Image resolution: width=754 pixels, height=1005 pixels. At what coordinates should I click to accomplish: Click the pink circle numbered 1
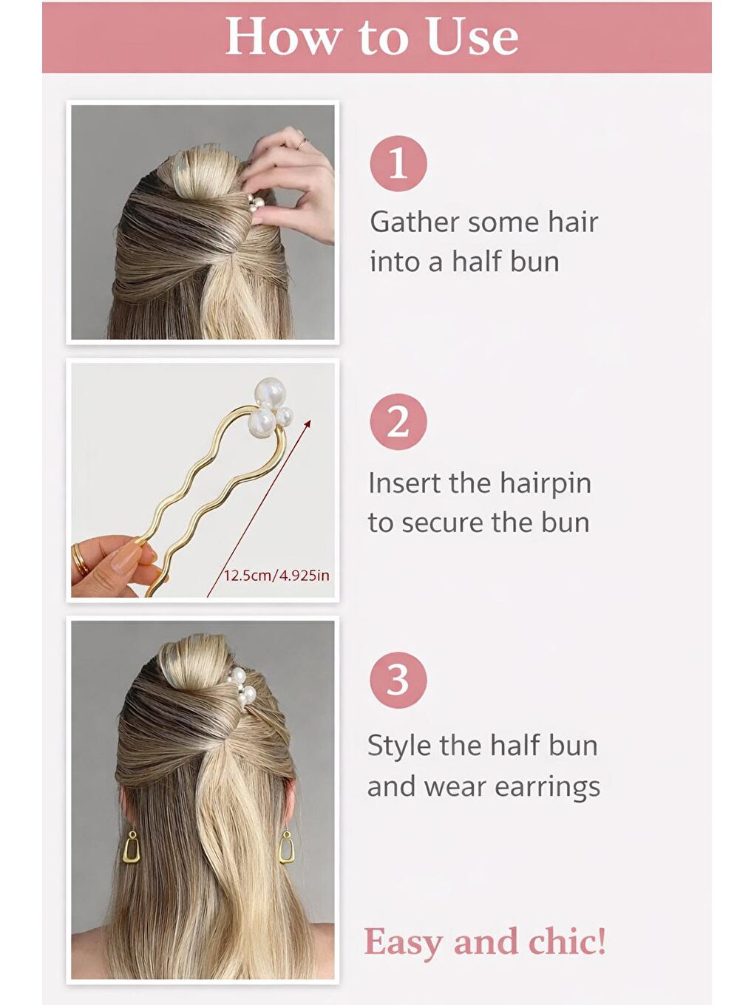(x=398, y=163)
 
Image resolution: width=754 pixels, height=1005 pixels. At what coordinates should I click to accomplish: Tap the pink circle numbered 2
(x=398, y=422)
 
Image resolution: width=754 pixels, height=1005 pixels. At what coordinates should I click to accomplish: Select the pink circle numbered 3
(x=398, y=680)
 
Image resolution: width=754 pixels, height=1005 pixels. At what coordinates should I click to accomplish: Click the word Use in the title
(x=472, y=37)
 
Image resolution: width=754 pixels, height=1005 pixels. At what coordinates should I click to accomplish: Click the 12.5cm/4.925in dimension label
(x=276, y=576)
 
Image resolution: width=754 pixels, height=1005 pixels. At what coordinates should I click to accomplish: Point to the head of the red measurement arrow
(x=310, y=422)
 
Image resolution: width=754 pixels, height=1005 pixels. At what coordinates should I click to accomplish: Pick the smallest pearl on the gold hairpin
(x=285, y=416)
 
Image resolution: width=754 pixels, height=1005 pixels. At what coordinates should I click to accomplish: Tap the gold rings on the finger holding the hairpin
(x=81, y=559)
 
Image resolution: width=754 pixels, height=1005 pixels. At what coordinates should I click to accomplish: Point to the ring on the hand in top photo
(x=302, y=144)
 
